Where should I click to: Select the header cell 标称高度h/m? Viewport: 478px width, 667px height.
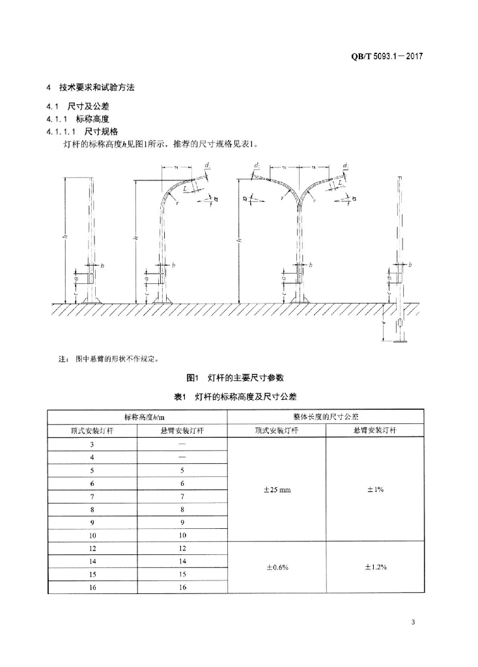pyautogui.click(x=137, y=416)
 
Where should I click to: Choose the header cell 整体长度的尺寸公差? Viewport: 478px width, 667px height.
pyautogui.click(x=326, y=416)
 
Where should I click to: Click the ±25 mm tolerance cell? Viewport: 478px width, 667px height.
pyautogui.click(x=277, y=489)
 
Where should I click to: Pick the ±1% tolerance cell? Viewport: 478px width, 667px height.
pyautogui.click(x=374, y=489)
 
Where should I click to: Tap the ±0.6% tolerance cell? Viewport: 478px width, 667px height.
pyautogui.click(x=277, y=567)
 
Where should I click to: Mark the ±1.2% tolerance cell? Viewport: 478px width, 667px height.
pyautogui.click(x=374, y=567)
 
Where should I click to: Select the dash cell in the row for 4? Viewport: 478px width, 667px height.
pyautogui.click(x=182, y=457)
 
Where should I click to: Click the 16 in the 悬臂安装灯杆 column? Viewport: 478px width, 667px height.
pyautogui.click(x=182, y=587)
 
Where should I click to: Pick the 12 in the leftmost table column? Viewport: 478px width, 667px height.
pyautogui.click(x=92, y=548)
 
